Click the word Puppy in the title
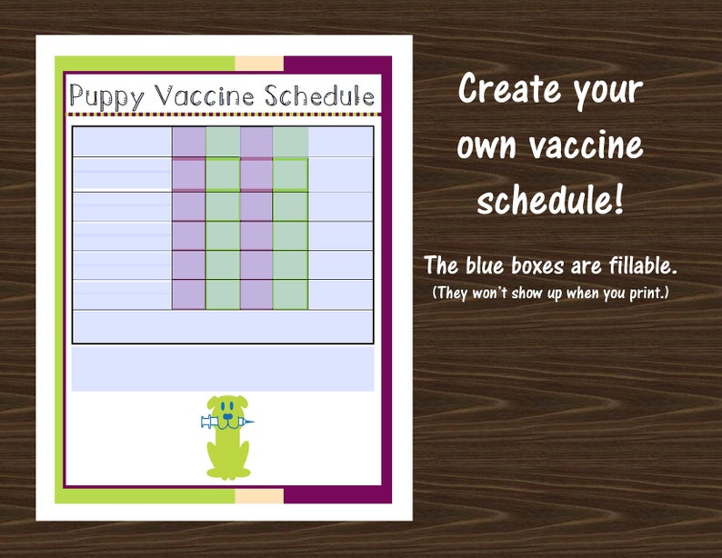click(106, 96)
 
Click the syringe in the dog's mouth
click(224, 422)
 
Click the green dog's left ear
click(211, 407)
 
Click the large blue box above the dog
click(223, 369)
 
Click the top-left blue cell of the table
click(122, 142)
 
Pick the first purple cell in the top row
click(188, 142)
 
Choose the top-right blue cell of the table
click(340, 142)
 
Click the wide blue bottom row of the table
click(223, 326)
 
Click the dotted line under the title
click(223, 116)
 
